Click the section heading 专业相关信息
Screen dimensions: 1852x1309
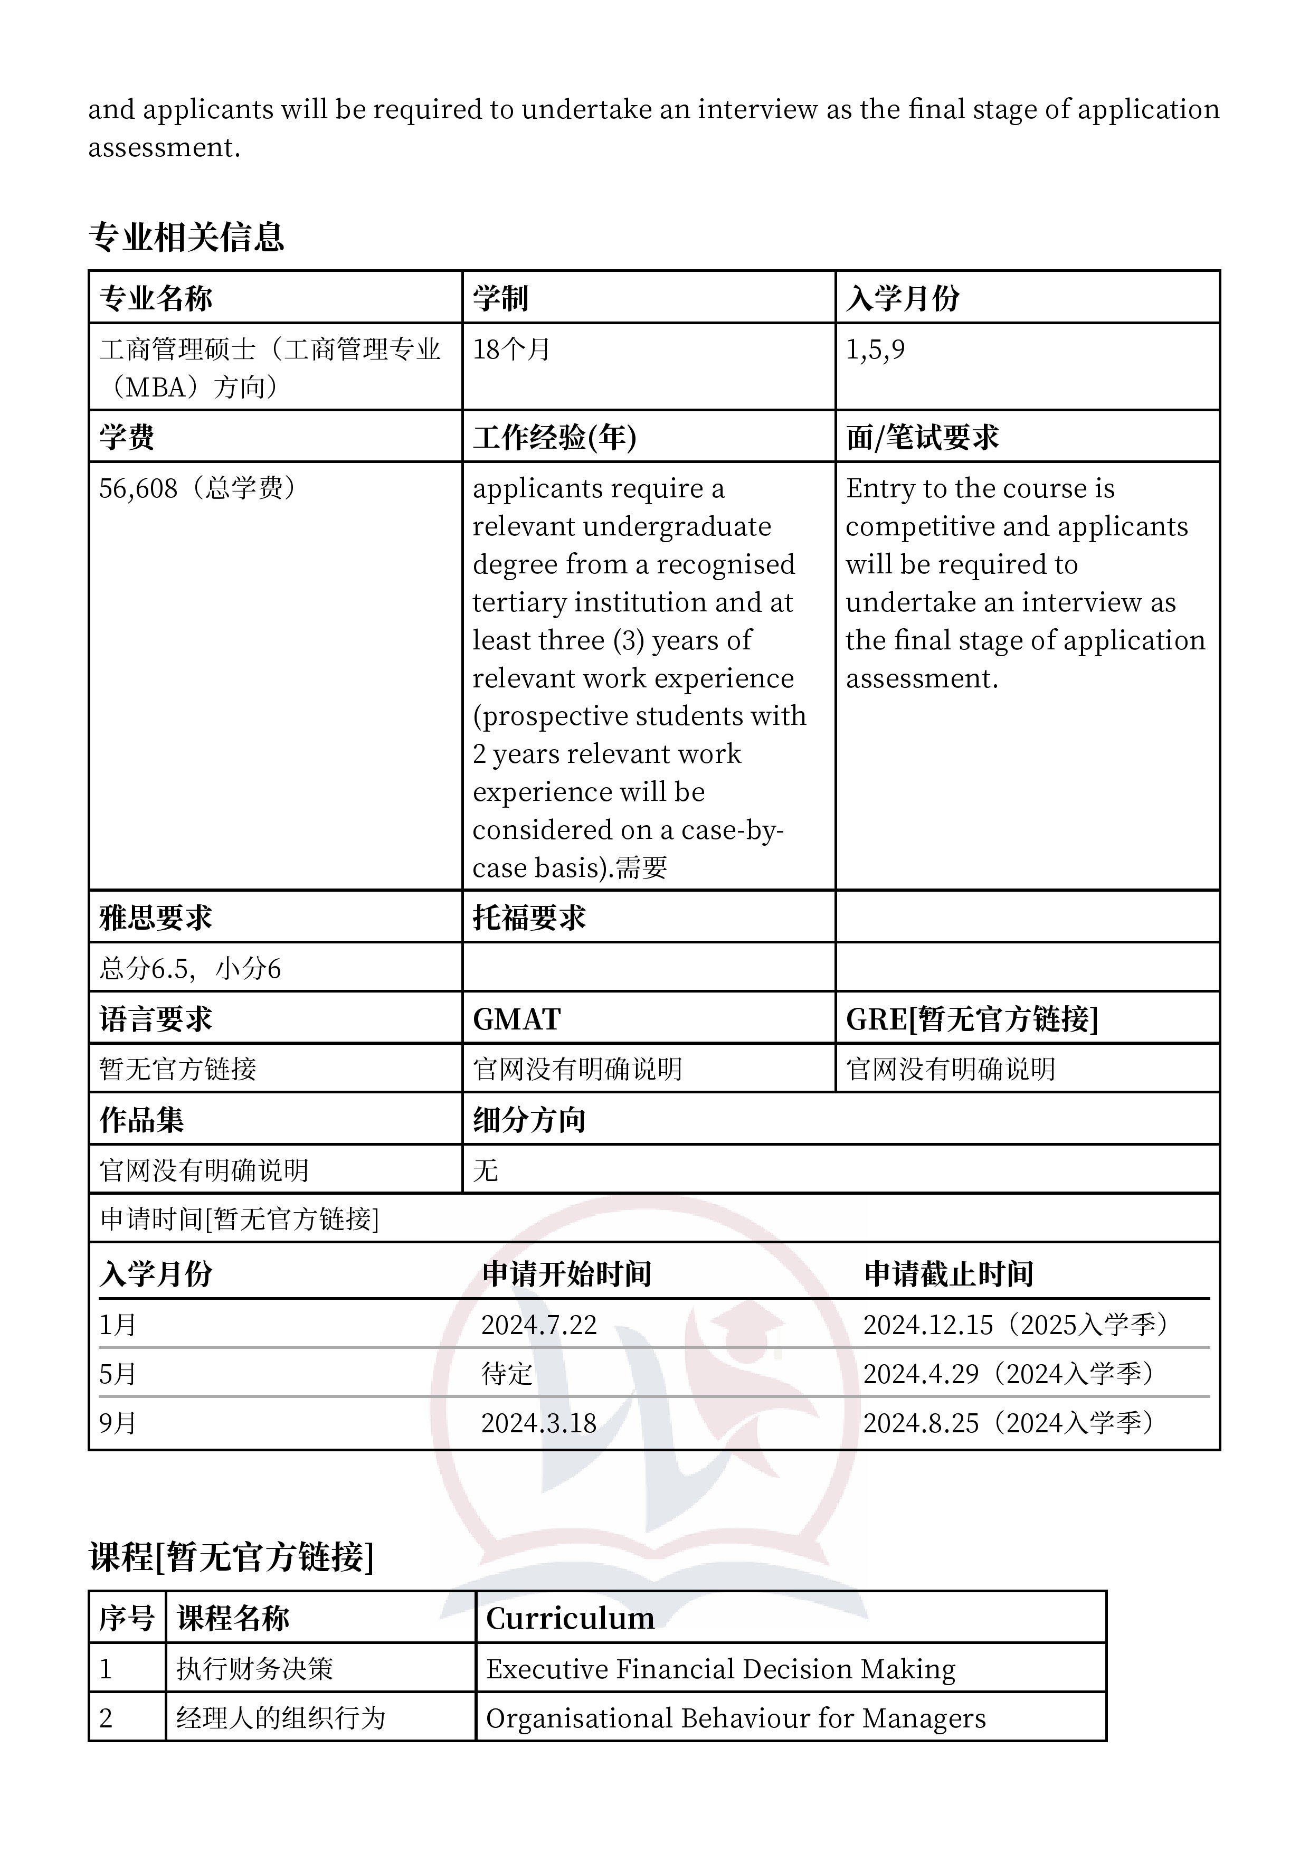point(186,237)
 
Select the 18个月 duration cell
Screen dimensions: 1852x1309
point(511,349)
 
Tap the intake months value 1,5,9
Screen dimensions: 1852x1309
point(875,349)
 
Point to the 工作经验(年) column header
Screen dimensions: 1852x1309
point(554,437)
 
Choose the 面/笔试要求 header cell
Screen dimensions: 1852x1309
point(922,437)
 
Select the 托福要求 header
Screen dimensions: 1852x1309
point(529,917)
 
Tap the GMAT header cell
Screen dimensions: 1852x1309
point(516,1019)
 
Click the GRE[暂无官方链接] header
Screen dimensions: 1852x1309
point(972,1019)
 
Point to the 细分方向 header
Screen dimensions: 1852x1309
point(529,1120)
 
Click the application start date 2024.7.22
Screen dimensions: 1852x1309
point(539,1325)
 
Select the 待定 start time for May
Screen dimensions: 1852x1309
point(507,1374)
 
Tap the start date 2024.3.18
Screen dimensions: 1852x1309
point(539,1423)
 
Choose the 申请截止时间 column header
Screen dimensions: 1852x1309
point(948,1274)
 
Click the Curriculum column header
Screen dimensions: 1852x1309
point(570,1619)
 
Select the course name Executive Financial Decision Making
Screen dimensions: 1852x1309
point(720,1669)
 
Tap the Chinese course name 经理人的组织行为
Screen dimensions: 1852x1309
point(281,1718)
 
